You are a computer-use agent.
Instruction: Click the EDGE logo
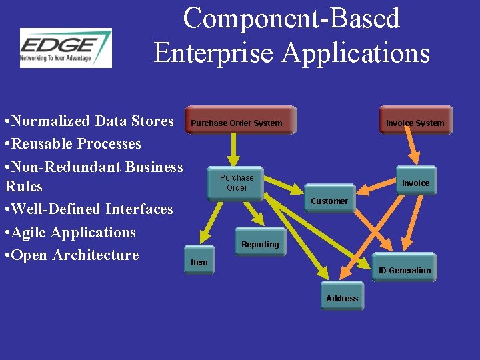(x=66, y=48)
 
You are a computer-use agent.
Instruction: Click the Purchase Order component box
(x=237, y=183)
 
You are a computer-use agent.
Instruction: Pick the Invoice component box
(x=416, y=182)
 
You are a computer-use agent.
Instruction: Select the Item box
(x=199, y=262)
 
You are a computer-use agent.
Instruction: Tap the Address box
(x=342, y=299)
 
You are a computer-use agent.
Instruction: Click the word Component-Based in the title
(x=291, y=19)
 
